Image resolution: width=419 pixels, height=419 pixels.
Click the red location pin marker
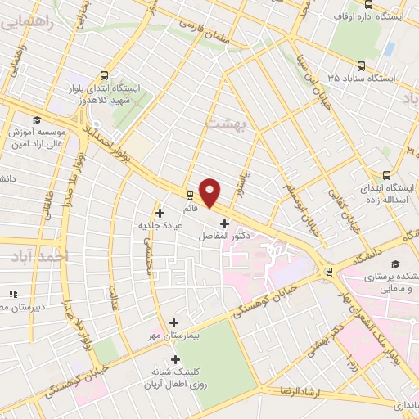(x=210, y=192)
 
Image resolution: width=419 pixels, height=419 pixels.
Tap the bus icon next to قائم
(x=191, y=195)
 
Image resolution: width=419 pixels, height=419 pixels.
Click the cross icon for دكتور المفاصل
(x=224, y=223)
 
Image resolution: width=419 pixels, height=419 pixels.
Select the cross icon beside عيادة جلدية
(x=159, y=213)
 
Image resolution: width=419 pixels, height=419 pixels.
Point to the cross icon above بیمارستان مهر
(x=173, y=322)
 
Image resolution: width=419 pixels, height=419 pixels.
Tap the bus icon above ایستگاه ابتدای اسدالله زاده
(x=387, y=173)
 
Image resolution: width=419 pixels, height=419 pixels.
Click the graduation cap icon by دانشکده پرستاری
(x=395, y=264)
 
